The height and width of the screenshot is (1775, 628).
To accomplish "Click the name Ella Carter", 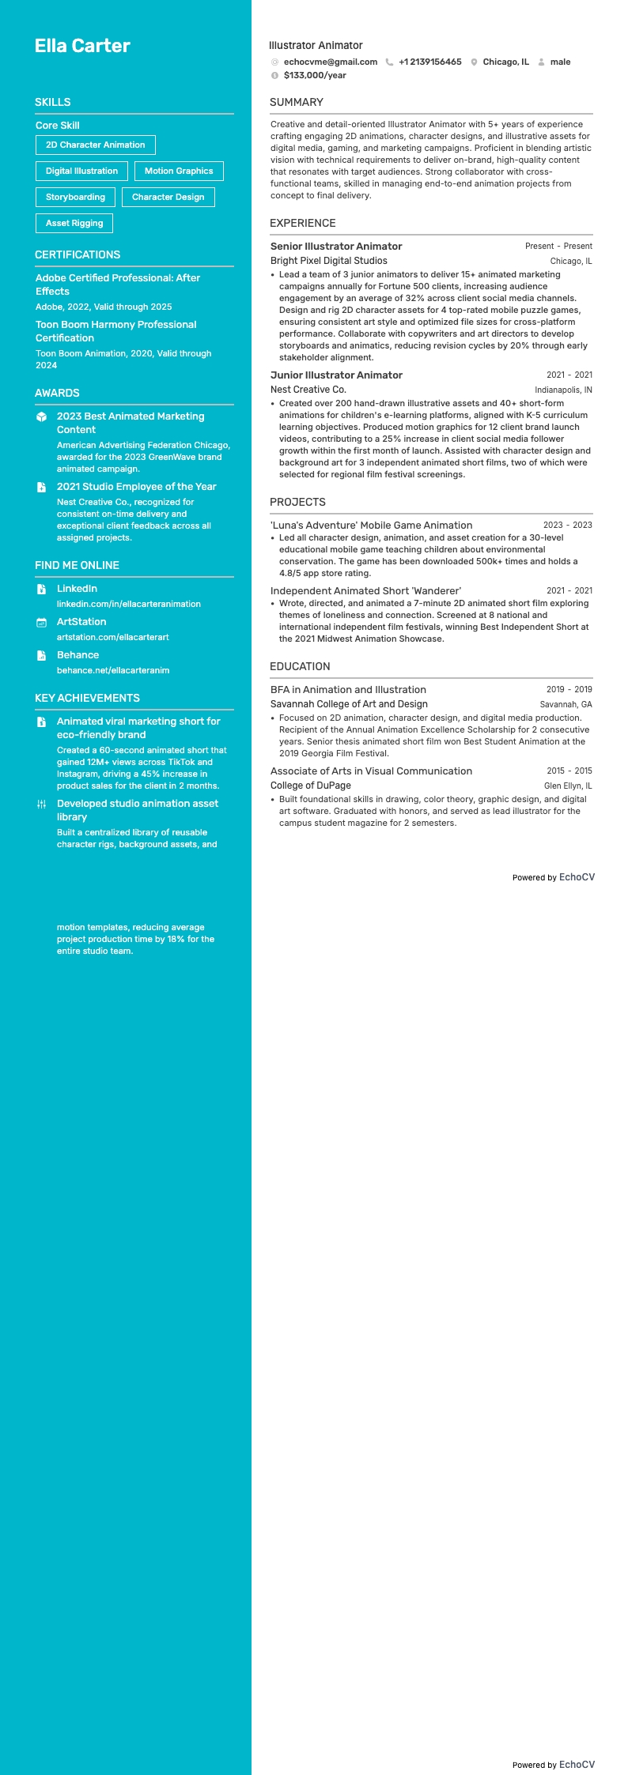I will pyautogui.click(x=82, y=46).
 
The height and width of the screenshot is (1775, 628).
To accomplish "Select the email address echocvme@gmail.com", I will pyautogui.click(x=330, y=62).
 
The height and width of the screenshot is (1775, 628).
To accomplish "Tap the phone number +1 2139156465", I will pyautogui.click(x=429, y=62).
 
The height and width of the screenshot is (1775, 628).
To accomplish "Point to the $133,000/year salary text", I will pyautogui.click(x=315, y=75).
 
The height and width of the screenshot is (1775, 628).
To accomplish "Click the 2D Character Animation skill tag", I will pyautogui.click(x=95, y=145).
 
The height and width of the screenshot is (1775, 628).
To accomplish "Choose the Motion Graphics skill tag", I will pyautogui.click(x=179, y=171).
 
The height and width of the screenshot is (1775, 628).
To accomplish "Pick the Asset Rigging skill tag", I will pyautogui.click(x=74, y=223).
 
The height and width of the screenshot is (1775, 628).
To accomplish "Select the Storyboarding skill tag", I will pyautogui.click(x=75, y=197).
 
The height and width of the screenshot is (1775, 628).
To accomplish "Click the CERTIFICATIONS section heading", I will pyautogui.click(x=78, y=254).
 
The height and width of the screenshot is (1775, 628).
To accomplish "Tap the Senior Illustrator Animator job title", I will pyautogui.click(x=336, y=246).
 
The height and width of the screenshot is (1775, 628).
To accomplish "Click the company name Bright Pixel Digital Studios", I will pyautogui.click(x=329, y=261).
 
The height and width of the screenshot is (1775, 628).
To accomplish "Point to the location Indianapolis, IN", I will pyautogui.click(x=563, y=390).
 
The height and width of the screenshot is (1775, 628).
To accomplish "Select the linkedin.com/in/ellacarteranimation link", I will pyautogui.click(x=129, y=604).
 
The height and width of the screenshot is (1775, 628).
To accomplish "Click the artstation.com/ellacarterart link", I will pyautogui.click(x=113, y=637).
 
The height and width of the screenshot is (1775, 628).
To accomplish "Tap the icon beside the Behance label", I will pyautogui.click(x=42, y=655).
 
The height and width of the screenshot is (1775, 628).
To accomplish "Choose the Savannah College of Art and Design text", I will pyautogui.click(x=349, y=704).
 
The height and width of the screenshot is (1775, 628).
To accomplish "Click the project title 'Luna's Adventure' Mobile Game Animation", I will pyautogui.click(x=371, y=525).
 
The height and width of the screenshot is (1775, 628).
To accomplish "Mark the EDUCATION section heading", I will pyautogui.click(x=300, y=666).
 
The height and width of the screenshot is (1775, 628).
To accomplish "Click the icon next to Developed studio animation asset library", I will pyautogui.click(x=42, y=804).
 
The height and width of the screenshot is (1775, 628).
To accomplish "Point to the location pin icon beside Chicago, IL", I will pyautogui.click(x=474, y=62).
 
